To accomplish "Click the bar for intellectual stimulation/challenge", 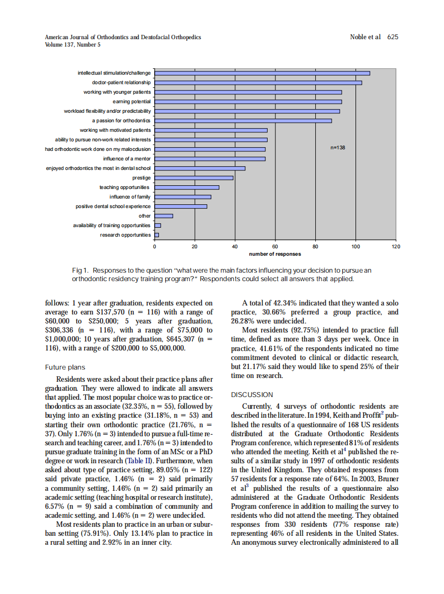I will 262,73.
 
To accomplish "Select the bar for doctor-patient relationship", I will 258,83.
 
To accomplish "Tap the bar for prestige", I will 193,178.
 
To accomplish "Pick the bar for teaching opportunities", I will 187,187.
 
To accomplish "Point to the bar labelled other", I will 163,216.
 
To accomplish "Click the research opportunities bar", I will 156,235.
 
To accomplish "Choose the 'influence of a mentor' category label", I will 127,159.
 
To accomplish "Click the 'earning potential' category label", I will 132,102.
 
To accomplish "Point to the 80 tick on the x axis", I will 315,247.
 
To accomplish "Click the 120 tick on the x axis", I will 396,247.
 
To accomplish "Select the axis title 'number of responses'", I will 275,254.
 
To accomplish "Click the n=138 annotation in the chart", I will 338,148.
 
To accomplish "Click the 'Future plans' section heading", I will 65,367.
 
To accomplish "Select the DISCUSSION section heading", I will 252,394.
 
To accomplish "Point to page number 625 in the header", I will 393,37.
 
